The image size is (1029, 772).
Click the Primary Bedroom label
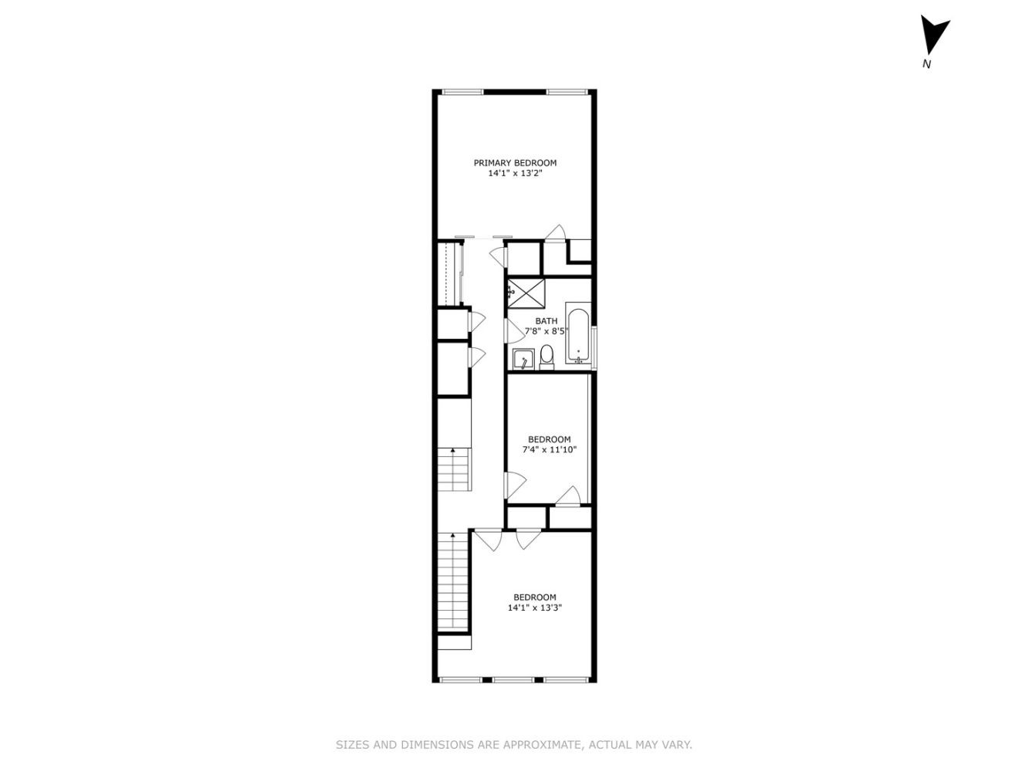pos(515,163)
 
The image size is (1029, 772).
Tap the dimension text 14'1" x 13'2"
pos(515,174)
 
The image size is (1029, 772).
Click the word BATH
pos(546,321)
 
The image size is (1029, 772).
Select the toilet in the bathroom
pos(547,356)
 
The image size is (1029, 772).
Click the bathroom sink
pos(523,360)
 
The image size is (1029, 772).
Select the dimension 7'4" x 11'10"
pos(549,449)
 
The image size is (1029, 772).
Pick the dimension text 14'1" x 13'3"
pos(534,608)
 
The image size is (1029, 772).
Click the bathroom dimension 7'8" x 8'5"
pos(547,331)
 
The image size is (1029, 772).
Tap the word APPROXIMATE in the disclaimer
pos(540,745)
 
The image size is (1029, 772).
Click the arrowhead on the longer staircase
pos(452,534)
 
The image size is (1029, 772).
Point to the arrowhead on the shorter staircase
pos(452,450)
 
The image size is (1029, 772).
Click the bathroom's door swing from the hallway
pos(513,330)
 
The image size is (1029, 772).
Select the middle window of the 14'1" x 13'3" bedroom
pos(514,680)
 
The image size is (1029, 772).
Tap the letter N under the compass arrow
pos(926,64)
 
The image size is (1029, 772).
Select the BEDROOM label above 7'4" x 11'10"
pos(549,439)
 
